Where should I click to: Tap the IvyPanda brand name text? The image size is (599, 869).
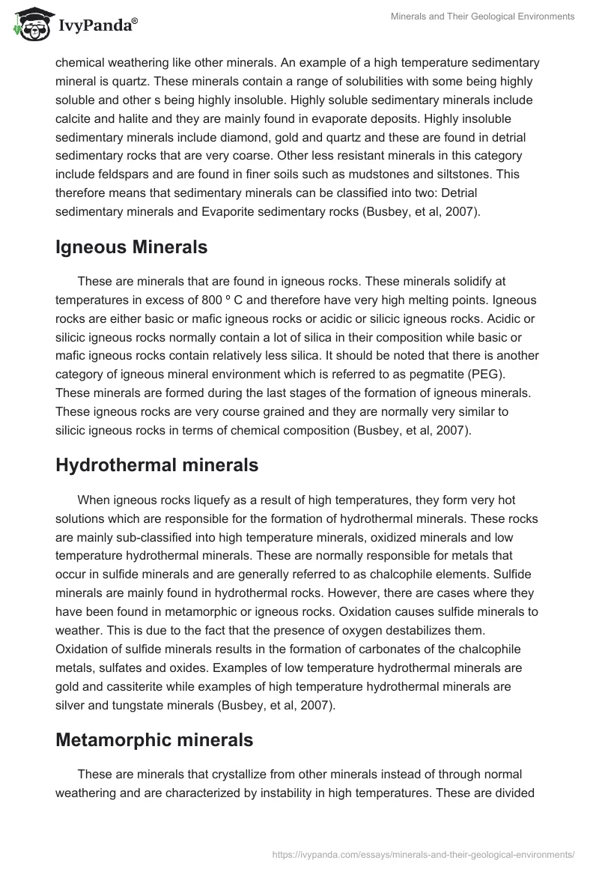(97, 27)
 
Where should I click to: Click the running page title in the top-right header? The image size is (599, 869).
(483, 16)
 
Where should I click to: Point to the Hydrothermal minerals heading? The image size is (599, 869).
(156, 464)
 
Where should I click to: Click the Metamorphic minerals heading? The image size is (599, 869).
(154, 741)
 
